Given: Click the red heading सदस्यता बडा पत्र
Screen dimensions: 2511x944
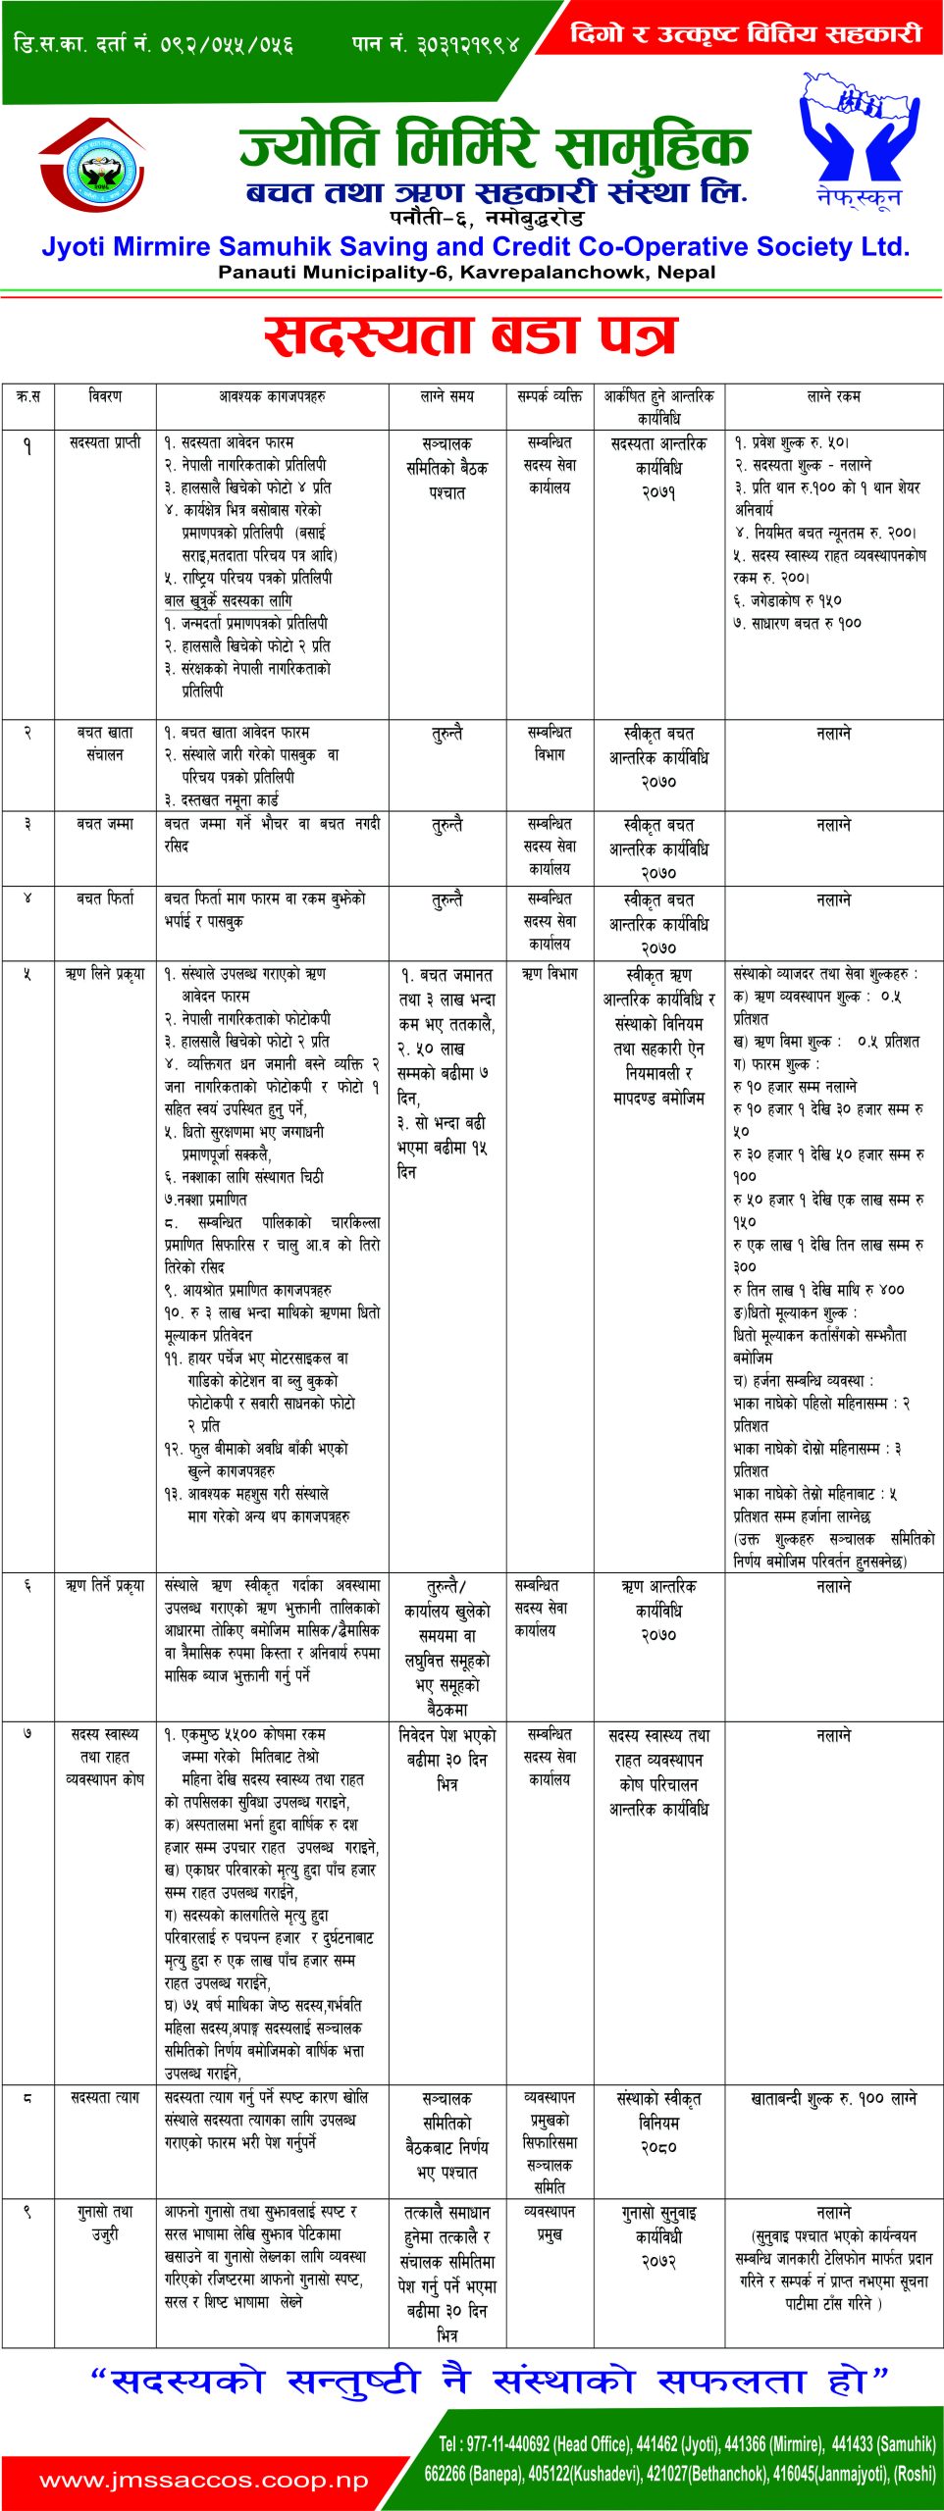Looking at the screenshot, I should tap(471, 335).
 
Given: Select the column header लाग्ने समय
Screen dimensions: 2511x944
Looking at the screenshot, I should tap(446, 396).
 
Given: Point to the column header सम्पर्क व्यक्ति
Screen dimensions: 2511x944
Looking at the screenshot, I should tap(550, 396).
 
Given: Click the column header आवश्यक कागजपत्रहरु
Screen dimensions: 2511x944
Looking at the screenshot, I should tap(272, 396).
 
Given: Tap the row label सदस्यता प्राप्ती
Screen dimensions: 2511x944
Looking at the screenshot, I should tap(105, 442).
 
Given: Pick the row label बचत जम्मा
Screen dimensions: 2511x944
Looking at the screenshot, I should tap(105, 824).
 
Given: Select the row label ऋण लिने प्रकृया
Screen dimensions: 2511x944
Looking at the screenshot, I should tap(105, 974).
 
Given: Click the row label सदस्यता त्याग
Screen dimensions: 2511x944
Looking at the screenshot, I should tap(105, 2097).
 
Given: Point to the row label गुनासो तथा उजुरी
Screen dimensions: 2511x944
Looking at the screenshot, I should tap(105, 2223).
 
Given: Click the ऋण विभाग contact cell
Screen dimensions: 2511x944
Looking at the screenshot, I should tap(550, 974).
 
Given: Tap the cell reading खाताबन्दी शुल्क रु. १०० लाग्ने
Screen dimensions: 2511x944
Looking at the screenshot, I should tap(833, 2098).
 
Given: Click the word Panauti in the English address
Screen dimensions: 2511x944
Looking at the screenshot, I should tap(256, 272).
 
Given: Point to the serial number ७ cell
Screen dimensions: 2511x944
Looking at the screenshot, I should tap(27, 1734).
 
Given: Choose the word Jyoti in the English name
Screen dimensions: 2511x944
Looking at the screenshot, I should tap(74, 246).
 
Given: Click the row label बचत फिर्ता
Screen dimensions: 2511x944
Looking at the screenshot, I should tap(105, 898).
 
